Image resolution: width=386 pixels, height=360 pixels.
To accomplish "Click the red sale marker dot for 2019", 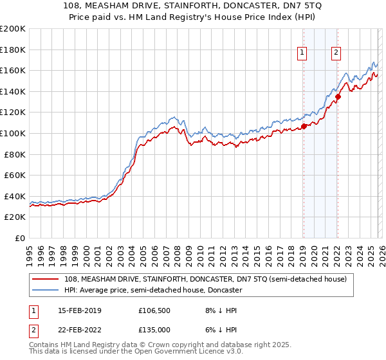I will [x=304, y=126].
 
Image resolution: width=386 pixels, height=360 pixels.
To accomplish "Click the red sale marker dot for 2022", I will [x=338, y=96].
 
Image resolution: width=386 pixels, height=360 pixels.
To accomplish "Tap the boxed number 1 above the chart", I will [x=302, y=53].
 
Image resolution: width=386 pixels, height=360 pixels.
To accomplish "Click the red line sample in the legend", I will [x=46, y=279].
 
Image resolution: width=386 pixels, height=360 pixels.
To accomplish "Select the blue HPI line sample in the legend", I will [x=46, y=290].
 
